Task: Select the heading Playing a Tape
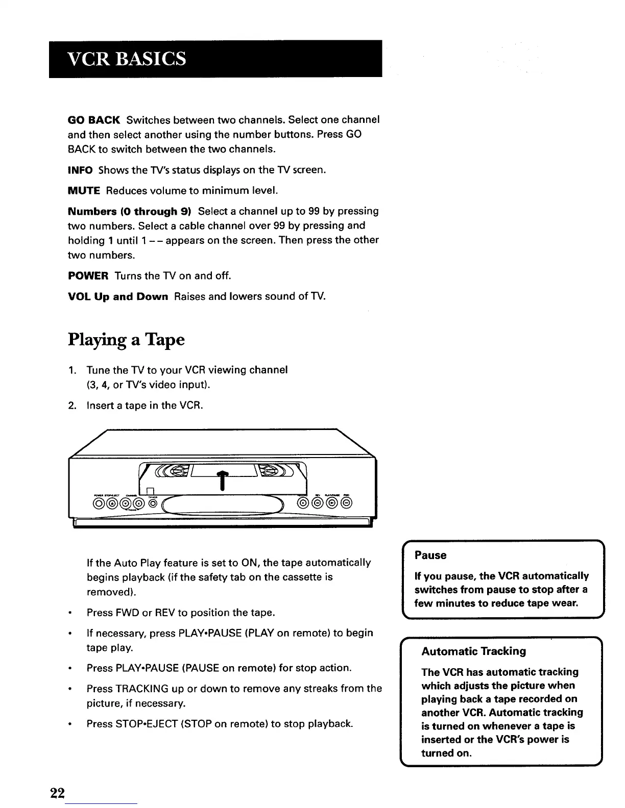[x=126, y=340]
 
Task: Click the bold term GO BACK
[x=93, y=120]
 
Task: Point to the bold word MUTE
[x=84, y=191]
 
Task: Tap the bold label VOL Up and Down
[x=118, y=297]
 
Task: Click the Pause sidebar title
[x=430, y=555]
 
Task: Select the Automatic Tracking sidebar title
[x=473, y=651]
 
